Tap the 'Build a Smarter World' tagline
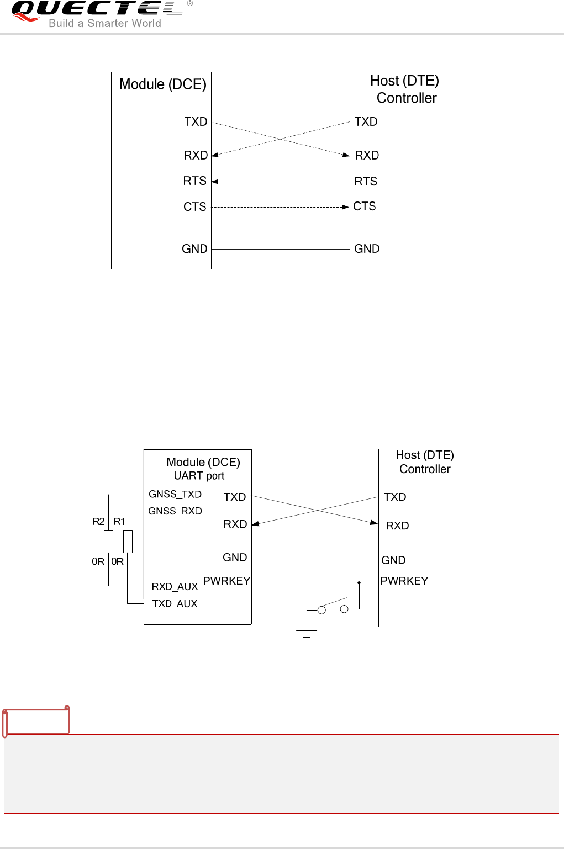click(105, 23)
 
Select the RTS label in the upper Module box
click(194, 181)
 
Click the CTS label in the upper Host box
click(365, 206)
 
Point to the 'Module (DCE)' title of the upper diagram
click(163, 84)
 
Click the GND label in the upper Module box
click(194, 249)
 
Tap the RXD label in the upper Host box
click(367, 156)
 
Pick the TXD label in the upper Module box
click(196, 122)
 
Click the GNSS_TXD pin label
click(175, 494)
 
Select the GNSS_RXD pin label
click(175, 511)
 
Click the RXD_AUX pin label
click(175, 586)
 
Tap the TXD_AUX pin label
click(175, 604)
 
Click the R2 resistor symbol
click(109, 542)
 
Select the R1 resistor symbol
click(128, 542)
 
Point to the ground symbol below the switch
click(307, 633)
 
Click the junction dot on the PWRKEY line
click(359, 583)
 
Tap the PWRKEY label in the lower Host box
click(404, 581)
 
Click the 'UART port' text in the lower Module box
click(199, 476)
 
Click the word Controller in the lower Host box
click(425, 469)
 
